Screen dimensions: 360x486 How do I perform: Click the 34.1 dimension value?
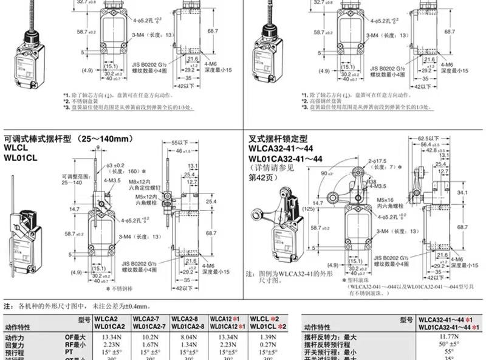(x=462, y=193)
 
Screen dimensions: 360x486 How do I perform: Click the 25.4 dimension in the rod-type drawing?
(x=211, y=201)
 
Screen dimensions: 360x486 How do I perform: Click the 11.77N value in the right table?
(x=448, y=336)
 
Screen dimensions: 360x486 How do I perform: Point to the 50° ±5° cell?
(x=448, y=344)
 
